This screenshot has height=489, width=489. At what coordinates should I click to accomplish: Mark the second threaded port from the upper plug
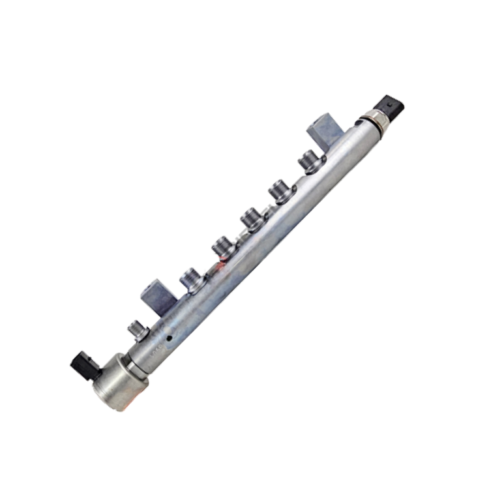pyautogui.click(x=278, y=190)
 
